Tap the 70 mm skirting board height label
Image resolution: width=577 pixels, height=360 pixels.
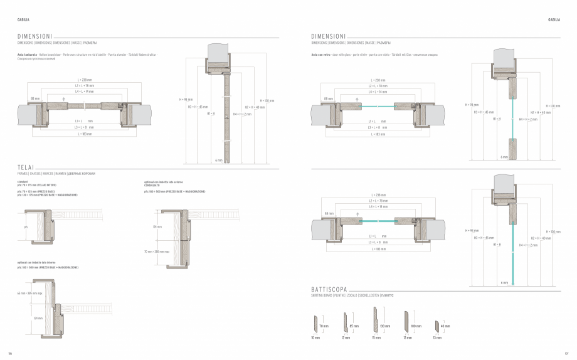click(324, 327)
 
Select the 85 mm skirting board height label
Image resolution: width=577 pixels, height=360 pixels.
click(354, 327)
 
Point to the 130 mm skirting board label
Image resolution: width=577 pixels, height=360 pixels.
click(385, 326)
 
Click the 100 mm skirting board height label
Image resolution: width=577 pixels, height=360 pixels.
click(416, 326)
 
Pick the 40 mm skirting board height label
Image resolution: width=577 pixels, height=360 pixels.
click(446, 326)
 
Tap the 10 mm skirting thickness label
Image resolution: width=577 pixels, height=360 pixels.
click(315, 337)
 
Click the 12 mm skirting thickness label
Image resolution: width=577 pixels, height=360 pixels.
click(346, 337)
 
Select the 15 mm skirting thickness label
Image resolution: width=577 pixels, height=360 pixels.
click(376, 337)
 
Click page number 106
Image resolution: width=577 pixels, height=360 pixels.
click(9, 351)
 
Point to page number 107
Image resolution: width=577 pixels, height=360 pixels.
click(566, 351)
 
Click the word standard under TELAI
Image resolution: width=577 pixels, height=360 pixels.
click(23, 181)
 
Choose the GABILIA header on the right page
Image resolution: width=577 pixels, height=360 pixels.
click(554, 19)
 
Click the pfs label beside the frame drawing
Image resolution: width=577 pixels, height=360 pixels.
click(26, 227)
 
